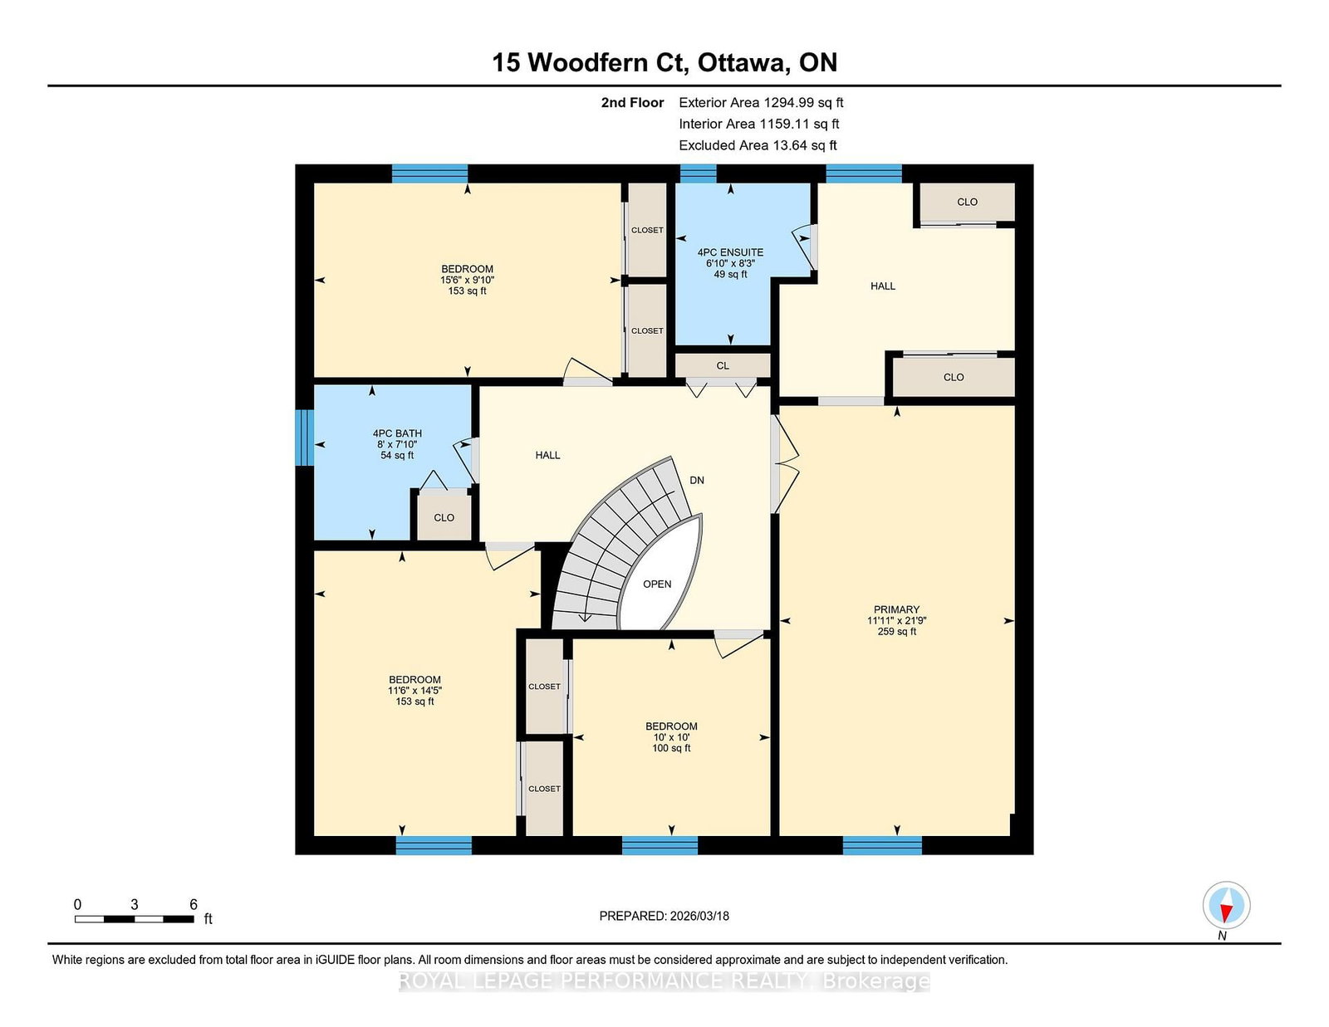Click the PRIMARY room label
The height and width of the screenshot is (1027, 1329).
(896, 609)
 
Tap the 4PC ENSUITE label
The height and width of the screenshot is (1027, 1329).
(730, 252)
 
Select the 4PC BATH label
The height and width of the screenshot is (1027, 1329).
(397, 433)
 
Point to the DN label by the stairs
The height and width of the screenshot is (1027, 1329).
(697, 481)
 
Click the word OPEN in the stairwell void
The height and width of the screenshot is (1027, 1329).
(657, 584)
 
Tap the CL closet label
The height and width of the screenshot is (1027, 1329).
(723, 365)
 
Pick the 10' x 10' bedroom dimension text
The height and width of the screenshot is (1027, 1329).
(671, 737)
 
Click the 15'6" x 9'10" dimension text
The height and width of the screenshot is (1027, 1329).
(468, 280)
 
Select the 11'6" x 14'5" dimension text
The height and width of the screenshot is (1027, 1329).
(414, 691)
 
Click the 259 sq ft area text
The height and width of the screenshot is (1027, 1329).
(896, 632)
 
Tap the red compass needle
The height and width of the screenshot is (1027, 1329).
(1225, 913)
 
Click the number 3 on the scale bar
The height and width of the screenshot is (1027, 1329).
(135, 904)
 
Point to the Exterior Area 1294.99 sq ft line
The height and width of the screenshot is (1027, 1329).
(761, 103)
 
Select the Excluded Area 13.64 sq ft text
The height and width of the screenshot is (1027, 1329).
(758, 145)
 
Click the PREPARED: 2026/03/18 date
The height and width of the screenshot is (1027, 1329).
(664, 916)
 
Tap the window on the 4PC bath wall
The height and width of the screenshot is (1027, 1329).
(305, 438)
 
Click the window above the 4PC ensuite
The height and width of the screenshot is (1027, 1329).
(698, 174)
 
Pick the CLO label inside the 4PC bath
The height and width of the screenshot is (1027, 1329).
(444, 518)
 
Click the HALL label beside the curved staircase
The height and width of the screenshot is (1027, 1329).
(547, 456)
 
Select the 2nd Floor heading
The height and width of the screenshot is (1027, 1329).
(632, 103)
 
